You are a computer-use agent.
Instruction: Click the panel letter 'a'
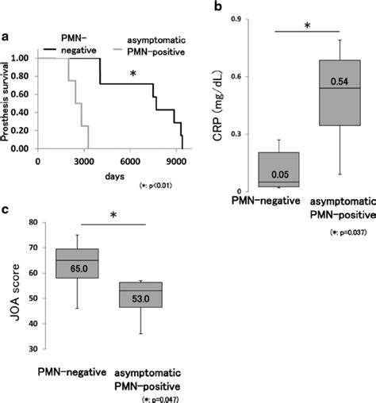point(6,36)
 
